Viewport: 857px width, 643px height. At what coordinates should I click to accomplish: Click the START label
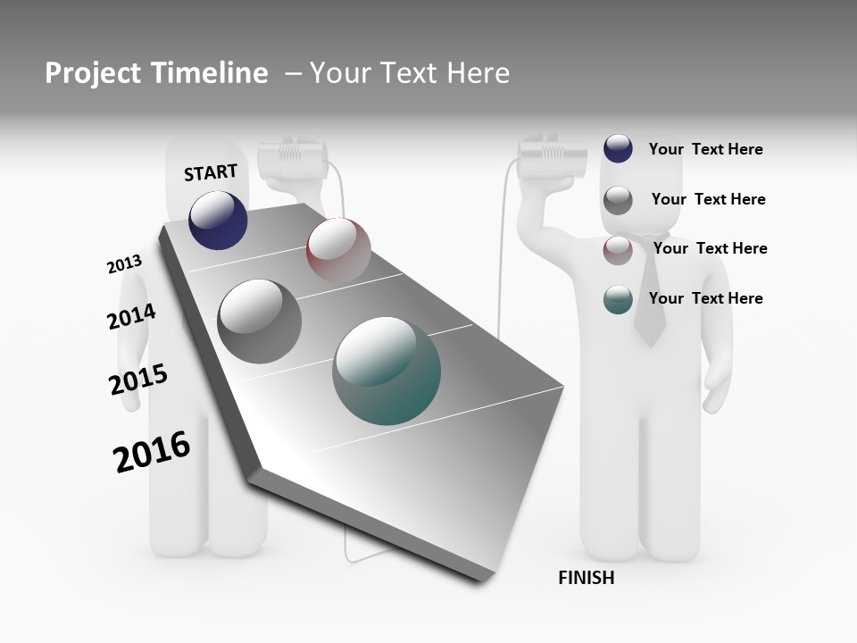click(x=211, y=172)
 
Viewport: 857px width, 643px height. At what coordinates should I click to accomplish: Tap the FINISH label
click(x=587, y=578)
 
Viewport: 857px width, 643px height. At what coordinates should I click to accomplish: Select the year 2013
click(x=124, y=264)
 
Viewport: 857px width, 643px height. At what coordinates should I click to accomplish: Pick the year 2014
click(x=131, y=316)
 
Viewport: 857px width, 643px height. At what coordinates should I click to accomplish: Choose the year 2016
click(x=152, y=451)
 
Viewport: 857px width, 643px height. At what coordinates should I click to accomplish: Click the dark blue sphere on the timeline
click(x=218, y=221)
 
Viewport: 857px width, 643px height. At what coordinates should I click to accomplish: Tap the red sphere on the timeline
click(x=338, y=249)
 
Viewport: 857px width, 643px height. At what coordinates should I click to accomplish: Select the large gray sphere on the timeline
click(x=260, y=321)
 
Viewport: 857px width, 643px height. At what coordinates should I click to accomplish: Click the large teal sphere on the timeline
click(x=387, y=371)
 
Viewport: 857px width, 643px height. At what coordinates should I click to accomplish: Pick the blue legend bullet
click(x=618, y=148)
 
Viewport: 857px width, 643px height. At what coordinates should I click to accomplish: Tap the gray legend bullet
click(x=618, y=200)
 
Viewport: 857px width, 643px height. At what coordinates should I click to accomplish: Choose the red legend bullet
click(x=618, y=250)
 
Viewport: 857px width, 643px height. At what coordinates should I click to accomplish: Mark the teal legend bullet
click(x=618, y=299)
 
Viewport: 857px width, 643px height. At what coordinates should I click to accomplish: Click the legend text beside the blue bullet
click(x=705, y=149)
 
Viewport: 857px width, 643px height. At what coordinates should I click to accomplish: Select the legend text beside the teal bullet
click(x=705, y=298)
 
